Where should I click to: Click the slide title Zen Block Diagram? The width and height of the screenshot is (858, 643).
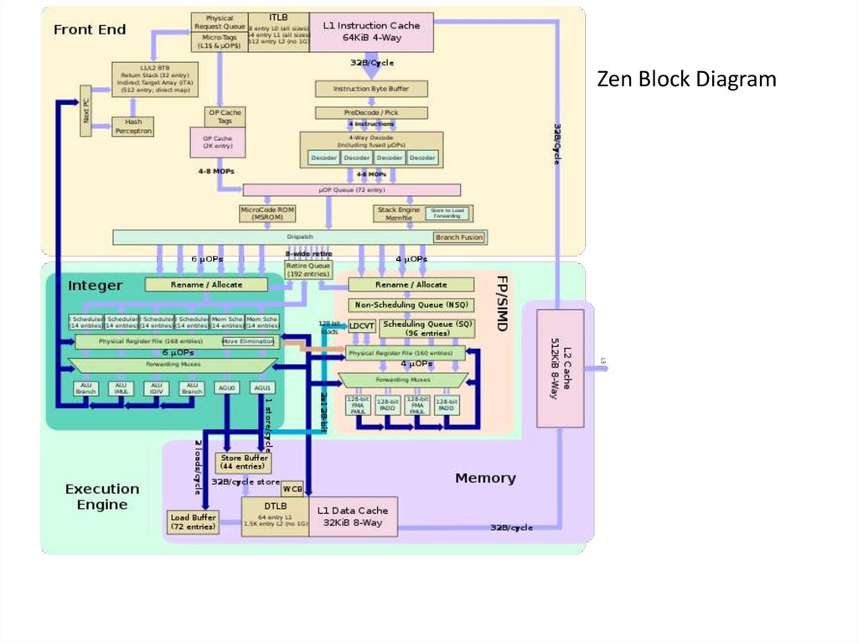[x=686, y=80]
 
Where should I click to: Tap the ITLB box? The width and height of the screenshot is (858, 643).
[x=278, y=32]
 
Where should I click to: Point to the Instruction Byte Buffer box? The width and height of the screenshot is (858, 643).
[x=371, y=88]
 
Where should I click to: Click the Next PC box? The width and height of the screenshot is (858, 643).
[x=85, y=111]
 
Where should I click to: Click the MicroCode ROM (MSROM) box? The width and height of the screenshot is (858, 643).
[x=267, y=214]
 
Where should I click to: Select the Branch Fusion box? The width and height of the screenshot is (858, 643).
[x=459, y=237]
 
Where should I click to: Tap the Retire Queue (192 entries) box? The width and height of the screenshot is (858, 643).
[x=308, y=270]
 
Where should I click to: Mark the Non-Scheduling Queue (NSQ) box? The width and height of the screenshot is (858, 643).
[x=411, y=305]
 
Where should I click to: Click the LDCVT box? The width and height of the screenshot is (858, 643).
[x=362, y=325]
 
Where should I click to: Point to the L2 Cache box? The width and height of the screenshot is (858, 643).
[x=560, y=368]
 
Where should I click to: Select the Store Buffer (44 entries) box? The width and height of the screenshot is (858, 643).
[x=243, y=462]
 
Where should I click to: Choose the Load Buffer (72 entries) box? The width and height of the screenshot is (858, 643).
[x=193, y=521]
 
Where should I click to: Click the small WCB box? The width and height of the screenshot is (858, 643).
[x=292, y=489]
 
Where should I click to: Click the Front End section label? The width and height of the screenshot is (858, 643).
[x=90, y=30]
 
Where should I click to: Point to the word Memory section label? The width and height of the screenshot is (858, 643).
[x=485, y=478]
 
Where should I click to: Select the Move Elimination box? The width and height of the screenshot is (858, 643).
[x=248, y=341]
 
